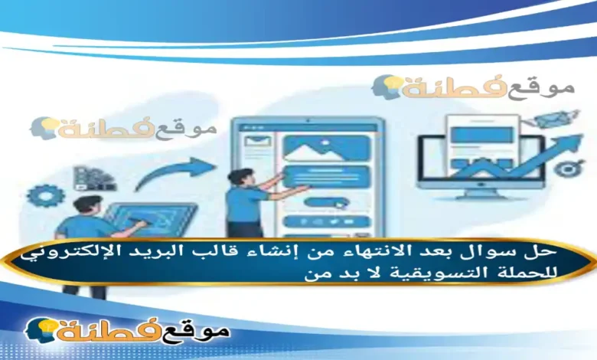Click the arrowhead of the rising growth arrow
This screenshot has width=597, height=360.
(570, 142)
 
